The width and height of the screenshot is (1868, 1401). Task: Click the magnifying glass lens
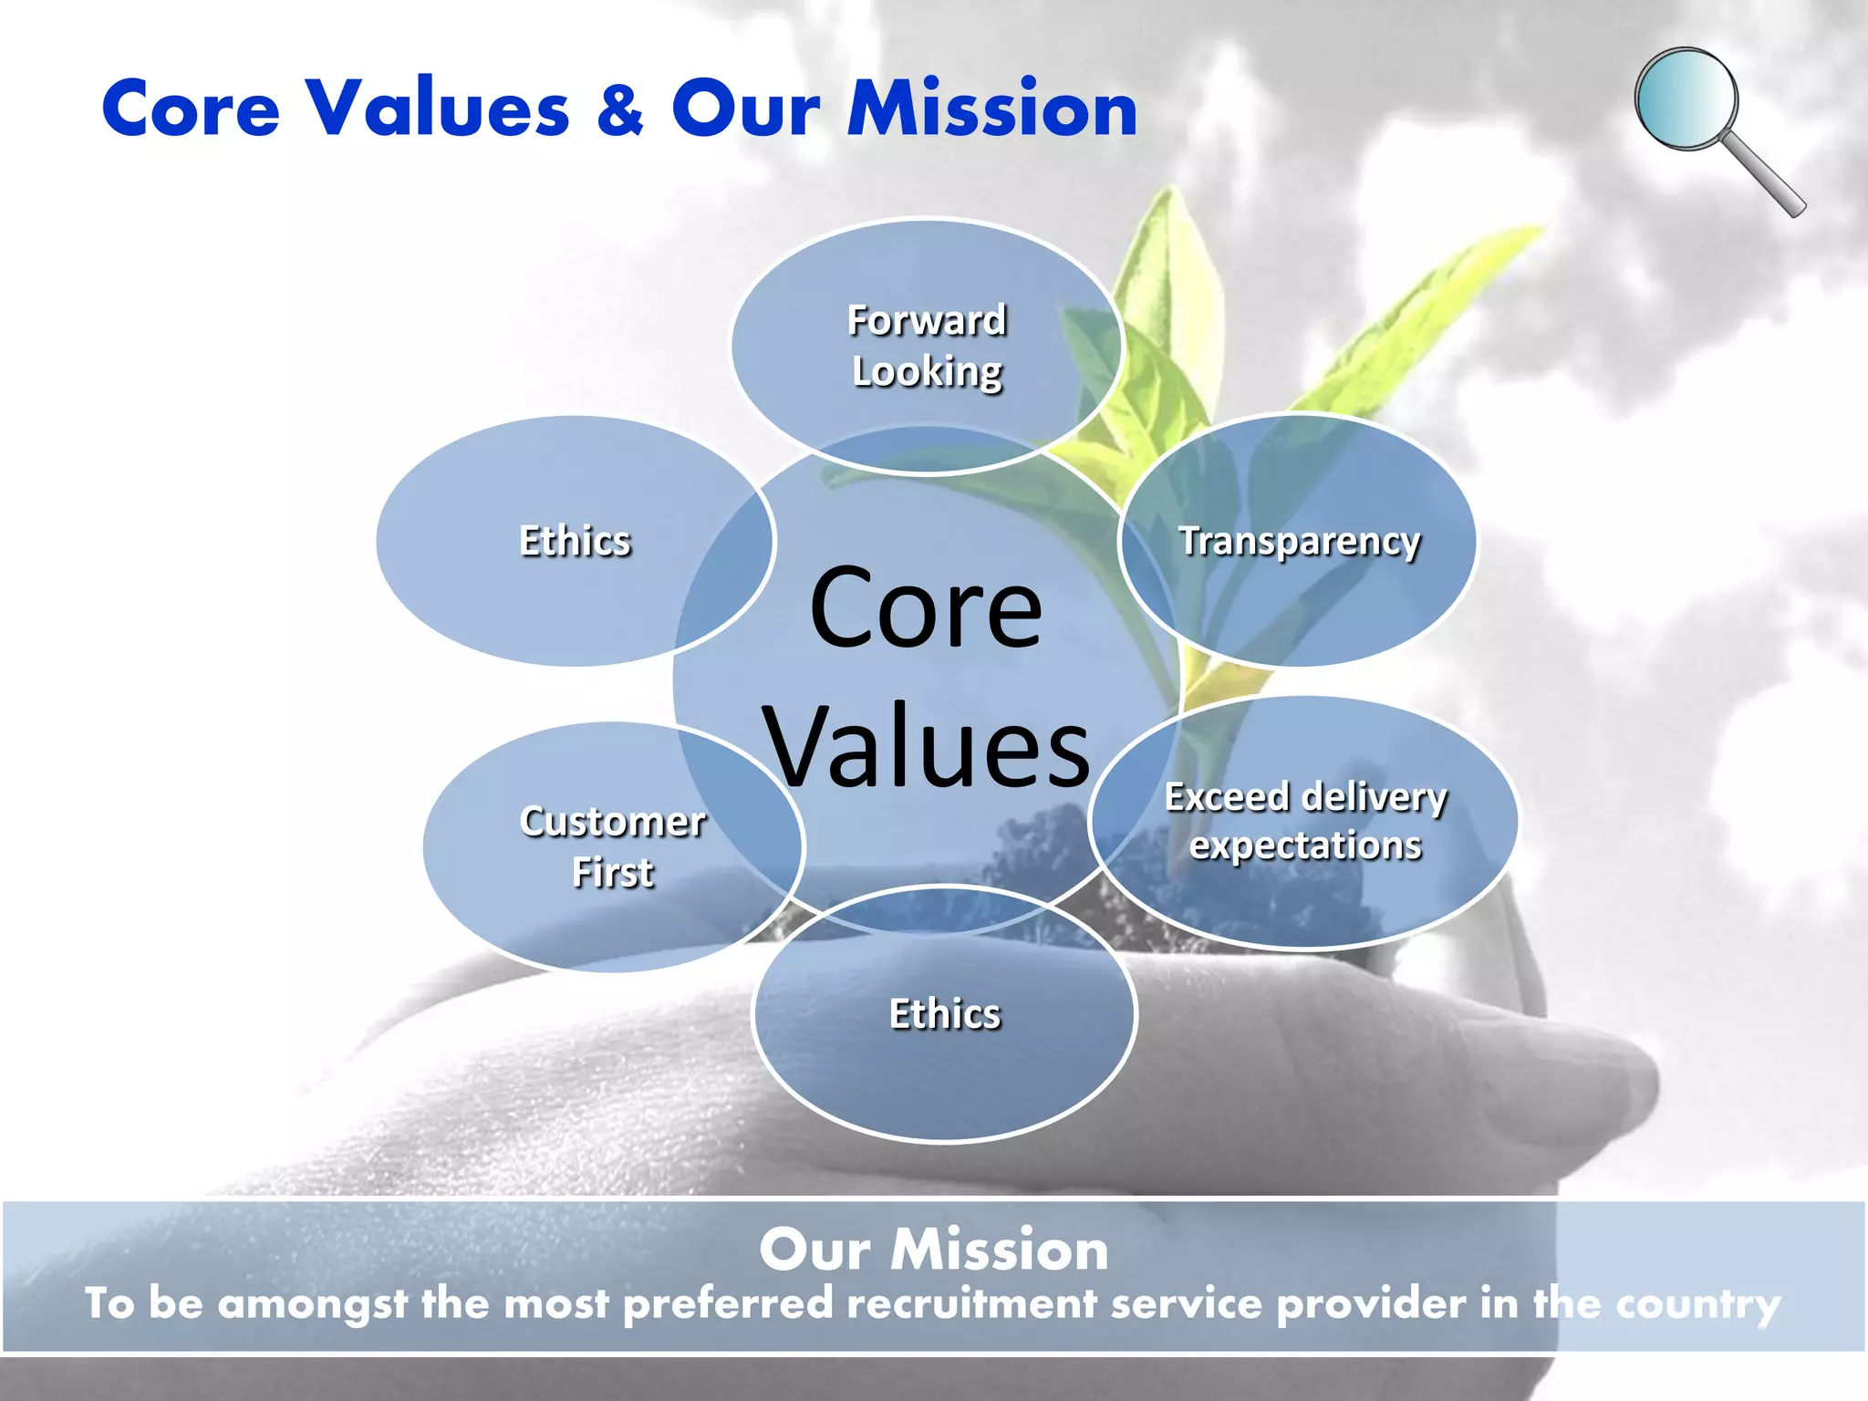click(x=1686, y=99)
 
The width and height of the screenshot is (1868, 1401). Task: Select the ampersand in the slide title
click(x=620, y=109)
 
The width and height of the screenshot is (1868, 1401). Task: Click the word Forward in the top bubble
click(x=927, y=320)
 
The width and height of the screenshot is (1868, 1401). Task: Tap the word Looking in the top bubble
click(x=927, y=371)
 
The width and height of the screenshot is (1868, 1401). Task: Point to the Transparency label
click(x=1299, y=541)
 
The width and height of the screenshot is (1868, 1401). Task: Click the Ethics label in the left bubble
click(x=575, y=541)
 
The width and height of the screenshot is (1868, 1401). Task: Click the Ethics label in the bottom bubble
click(x=944, y=1014)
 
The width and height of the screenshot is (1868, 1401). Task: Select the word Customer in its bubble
click(x=613, y=822)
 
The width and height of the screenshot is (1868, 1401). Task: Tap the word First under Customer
click(x=613, y=873)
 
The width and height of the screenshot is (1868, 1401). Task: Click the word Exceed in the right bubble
click(x=1226, y=797)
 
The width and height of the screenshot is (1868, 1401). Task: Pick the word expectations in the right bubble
click(x=1305, y=846)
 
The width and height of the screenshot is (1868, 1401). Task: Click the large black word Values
click(x=927, y=747)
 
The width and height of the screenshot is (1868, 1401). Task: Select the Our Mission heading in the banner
click(x=934, y=1250)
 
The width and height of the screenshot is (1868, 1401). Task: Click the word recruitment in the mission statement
click(x=970, y=1303)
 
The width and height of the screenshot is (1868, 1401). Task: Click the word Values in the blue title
click(x=438, y=109)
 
